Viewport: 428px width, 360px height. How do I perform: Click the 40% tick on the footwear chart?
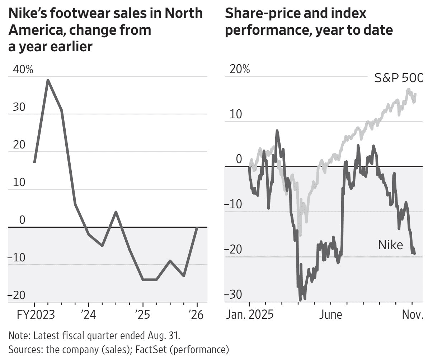[23, 70]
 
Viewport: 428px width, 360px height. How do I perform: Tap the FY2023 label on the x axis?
[36, 315]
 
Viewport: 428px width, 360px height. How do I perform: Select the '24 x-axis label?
[89, 315]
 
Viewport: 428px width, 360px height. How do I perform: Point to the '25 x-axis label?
[142, 315]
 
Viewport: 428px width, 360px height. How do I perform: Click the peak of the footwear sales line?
[48, 80]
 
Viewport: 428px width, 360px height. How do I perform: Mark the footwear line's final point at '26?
[197, 227]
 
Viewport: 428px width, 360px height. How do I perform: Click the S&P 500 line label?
[398, 77]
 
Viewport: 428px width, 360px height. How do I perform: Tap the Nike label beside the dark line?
[390, 245]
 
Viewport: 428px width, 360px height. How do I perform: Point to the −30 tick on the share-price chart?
[233, 295]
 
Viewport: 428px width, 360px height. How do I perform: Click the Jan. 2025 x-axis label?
[250, 315]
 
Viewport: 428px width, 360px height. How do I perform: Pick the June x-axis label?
[330, 315]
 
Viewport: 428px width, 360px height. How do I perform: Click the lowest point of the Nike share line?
[300, 300]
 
